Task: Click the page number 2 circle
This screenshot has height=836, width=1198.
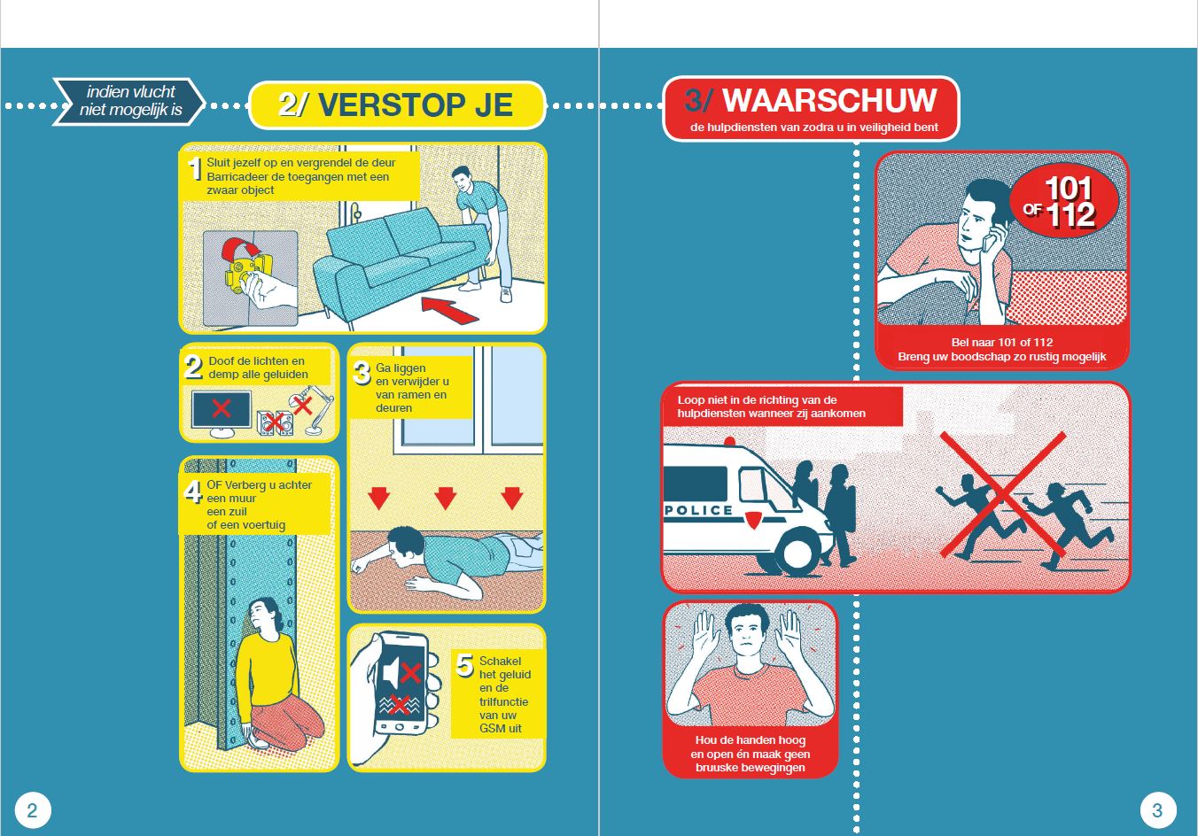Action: [33, 809]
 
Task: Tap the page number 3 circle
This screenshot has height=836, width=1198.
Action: [1156, 809]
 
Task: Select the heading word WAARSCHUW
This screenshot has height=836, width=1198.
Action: [829, 100]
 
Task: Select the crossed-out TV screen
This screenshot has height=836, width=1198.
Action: [221, 409]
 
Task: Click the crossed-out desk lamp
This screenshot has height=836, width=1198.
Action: [307, 410]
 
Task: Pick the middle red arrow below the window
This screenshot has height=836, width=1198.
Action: [445, 498]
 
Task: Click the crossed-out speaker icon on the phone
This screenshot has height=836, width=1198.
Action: [401, 674]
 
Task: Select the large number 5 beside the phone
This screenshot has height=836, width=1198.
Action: [464, 664]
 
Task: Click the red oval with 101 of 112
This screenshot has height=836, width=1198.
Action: [1063, 202]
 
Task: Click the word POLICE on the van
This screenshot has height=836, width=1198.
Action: [698, 510]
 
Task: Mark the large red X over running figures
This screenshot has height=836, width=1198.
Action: [1001, 493]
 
